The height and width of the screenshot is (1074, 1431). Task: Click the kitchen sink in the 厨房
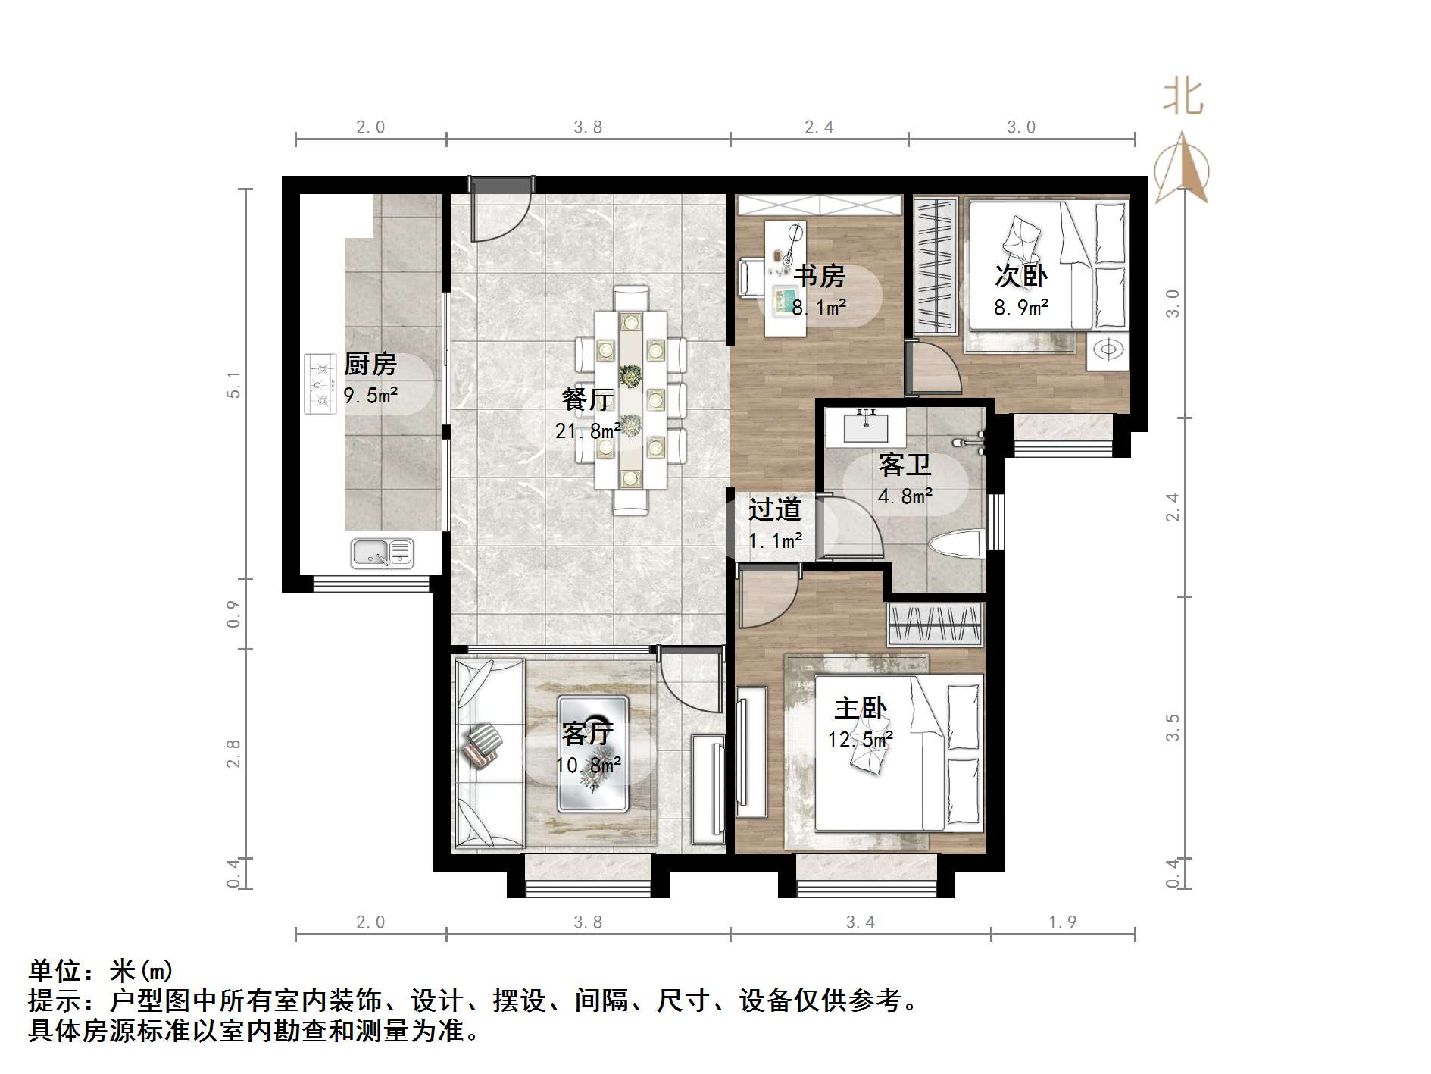pyautogui.click(x=383, y=553)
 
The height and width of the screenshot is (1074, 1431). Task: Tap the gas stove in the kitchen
pyautogui.click(x=320, y=384)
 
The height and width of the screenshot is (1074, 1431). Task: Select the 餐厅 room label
pyautogui.click(x=587, y=399)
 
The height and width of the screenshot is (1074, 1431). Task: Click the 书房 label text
pyautogui.click(x=819, y=276)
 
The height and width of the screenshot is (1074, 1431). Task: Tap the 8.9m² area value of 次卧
pyautogui.click(x=1020, y=307)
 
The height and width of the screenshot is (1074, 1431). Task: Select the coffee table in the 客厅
pyautogui.click(x=593, y=754)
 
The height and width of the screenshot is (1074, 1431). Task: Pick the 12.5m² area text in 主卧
pyautogui.click(x=860, y=739)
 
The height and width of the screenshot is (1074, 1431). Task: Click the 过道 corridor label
pyautogui.click(x=774, y=509)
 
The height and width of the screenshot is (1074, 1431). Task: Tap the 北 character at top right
pyautogui.click(x=1183, y=98)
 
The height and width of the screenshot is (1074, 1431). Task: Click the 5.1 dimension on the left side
pyautogui.click(x=234, y=385)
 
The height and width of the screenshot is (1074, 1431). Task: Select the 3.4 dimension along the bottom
pyautogui.click(x=860, y=922)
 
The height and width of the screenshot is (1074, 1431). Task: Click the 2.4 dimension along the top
pyautogui.click(x=819, y=127)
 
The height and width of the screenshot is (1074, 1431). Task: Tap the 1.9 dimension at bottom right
pyautogui.click(x=1062, y=922)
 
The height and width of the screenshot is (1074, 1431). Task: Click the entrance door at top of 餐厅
pyautogui.click(x=500, y=208)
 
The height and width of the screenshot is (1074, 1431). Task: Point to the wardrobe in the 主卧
pyautogui.click(x=936, y=625)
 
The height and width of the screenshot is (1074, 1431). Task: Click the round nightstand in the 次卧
pyautogui.click(x=1108, y=351)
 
